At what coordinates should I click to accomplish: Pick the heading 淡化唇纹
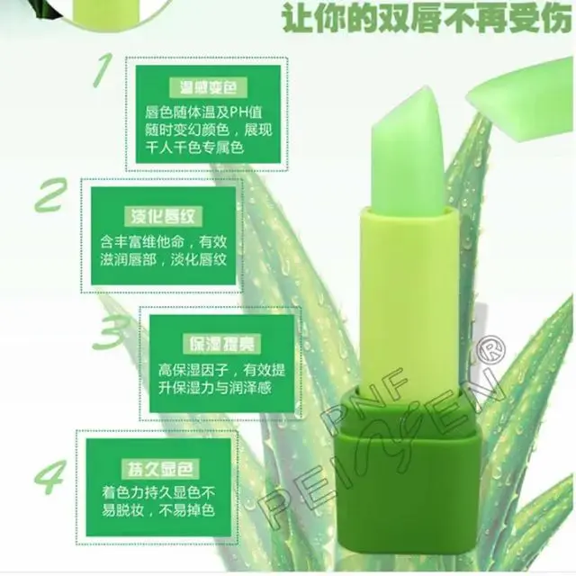pos(164,216)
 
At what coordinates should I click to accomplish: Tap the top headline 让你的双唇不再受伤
pos(427,20)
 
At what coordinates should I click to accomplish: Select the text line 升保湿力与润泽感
pos(214,388)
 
